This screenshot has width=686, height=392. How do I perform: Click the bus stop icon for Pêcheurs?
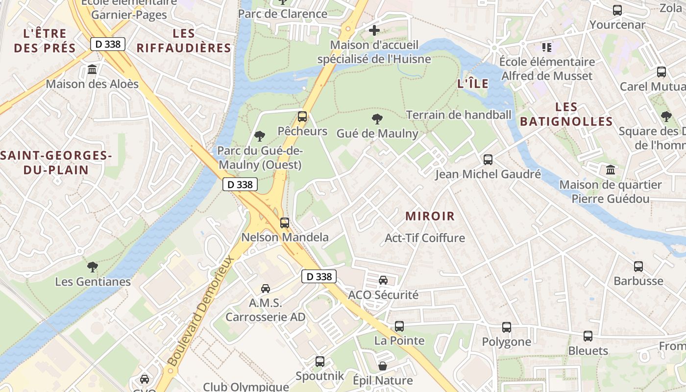[x=302, y=117]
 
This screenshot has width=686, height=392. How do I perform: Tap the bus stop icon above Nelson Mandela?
[x=284, y=223]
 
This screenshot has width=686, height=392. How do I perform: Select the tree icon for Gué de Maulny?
[x=377, y=119]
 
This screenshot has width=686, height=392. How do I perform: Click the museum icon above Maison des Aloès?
[x=92, y=70]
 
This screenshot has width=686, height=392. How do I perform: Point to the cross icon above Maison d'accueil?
[x=374, y=30]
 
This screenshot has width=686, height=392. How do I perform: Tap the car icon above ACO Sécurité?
[x=383, y=280]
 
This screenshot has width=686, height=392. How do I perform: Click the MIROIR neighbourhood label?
[x=430, y=216]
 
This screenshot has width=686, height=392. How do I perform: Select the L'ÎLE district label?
[x=473, y=84]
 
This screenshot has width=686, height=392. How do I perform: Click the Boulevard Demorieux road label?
[x=200, y=311]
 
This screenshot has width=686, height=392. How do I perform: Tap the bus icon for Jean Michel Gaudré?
[x=488, y=160]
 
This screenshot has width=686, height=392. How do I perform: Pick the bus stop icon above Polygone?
[x=506, y=327]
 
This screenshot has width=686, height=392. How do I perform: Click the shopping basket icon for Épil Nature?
[x=383, y=366]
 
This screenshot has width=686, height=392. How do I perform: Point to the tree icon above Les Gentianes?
[x=92, y=267]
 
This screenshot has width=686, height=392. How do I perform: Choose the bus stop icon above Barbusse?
[x=638, y=267]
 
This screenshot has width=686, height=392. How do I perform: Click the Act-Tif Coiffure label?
[x=425, y=238]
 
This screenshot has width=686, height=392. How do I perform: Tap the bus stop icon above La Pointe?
[x=399, y=326]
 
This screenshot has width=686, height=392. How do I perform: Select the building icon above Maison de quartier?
[x=611, y=170]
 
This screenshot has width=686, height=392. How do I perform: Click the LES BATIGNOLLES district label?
[x=566, y=114]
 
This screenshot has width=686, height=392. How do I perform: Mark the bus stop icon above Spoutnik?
[x=319, y=362]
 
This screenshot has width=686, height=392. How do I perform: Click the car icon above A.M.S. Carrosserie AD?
[x=265, y=289]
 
